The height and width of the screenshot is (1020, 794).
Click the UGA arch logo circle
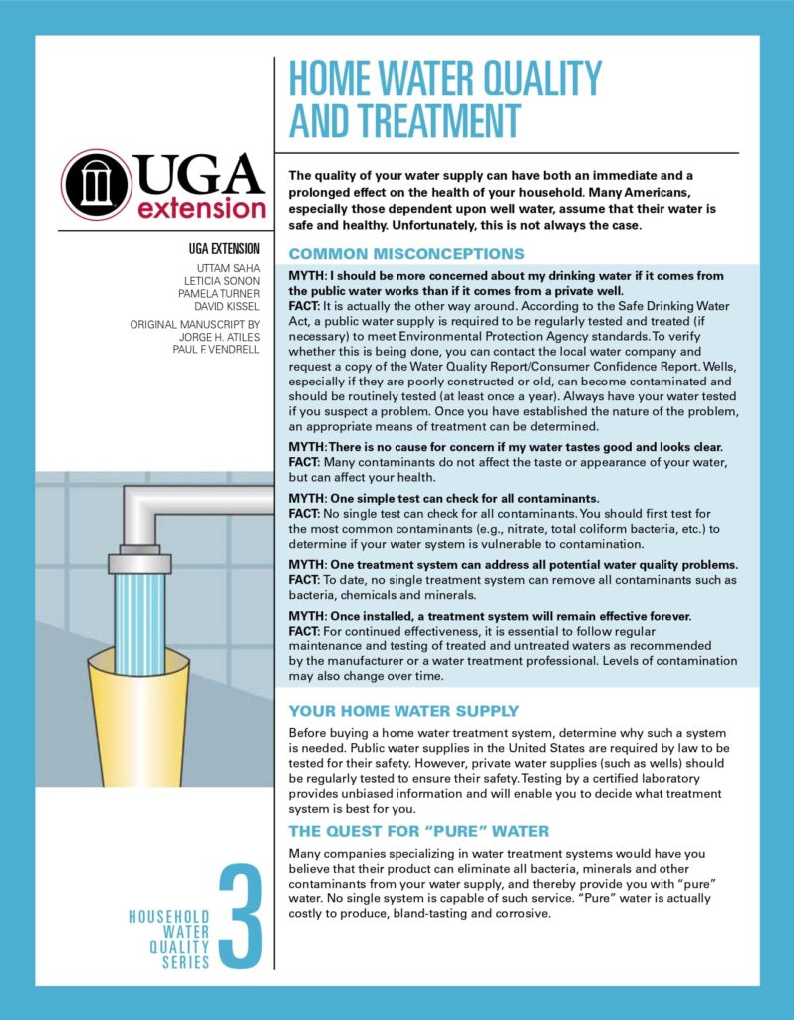pyautogui.click(x=97, y=184)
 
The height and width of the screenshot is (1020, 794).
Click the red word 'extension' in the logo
pyautogui.click(x=202, y=208)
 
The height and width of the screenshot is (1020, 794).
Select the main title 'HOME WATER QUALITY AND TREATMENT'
pyautogui.click(x=444, y=99)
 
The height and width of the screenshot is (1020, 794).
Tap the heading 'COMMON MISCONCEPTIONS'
pyautogui.click(x=405, y=254)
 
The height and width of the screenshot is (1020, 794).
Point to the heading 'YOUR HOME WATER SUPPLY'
pyautogui.click(x=403, y=711)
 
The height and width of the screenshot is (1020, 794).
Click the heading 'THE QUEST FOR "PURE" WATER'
pyautogui.click(x=418, y=831)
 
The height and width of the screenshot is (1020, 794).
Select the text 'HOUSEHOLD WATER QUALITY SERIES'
pyautogui.click(x=169, y=939)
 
